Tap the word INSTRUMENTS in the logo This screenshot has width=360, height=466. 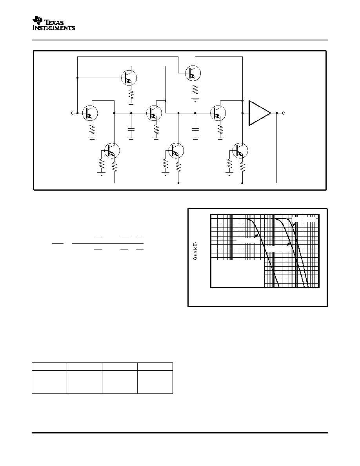tap(54, 28)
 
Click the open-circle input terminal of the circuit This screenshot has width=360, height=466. tap(73, 113)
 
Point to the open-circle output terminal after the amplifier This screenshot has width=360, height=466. tap(284, 113)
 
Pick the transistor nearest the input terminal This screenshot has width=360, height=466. tap(90, 113)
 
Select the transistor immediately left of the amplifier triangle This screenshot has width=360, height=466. tap(218, 113)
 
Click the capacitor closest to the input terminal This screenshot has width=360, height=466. tap(131, 129)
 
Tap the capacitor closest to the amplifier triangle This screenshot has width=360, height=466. tap(195, 129)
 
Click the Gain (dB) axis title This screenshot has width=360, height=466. tap(195, 251)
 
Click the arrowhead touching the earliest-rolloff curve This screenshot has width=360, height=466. tap(257, 235)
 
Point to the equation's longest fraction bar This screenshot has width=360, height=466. tap(108, 244)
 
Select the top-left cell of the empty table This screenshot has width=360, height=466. tap(49, 366)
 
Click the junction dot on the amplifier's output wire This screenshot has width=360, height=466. tap(277, 113)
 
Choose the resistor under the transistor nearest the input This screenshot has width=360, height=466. tap(92, 129)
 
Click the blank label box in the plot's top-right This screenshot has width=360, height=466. tap(304, 219)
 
